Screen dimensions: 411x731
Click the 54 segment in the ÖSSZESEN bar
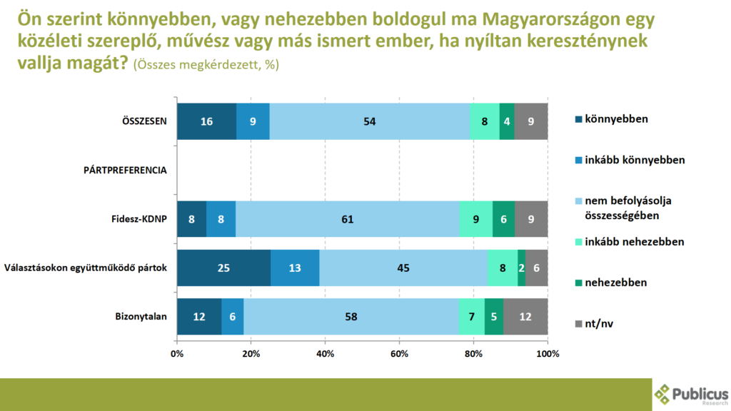(370, 121)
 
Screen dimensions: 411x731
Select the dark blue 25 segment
(223, 268)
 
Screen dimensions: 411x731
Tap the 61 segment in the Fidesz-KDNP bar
(347, 219)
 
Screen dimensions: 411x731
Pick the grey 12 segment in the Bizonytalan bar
(525, 317)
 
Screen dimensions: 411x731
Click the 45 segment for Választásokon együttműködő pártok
(403, 268)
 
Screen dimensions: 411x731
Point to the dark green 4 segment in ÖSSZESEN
(507, 121)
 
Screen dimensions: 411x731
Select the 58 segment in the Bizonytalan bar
(351, 317)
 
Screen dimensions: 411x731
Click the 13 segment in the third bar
(295, 268)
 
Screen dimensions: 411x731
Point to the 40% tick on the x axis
(325, 355)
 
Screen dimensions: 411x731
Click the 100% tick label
(548, 355)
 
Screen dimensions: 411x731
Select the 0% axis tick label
(177, 355)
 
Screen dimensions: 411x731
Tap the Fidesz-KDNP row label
(138, 219)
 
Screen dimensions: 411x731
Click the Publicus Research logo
(691, 395)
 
